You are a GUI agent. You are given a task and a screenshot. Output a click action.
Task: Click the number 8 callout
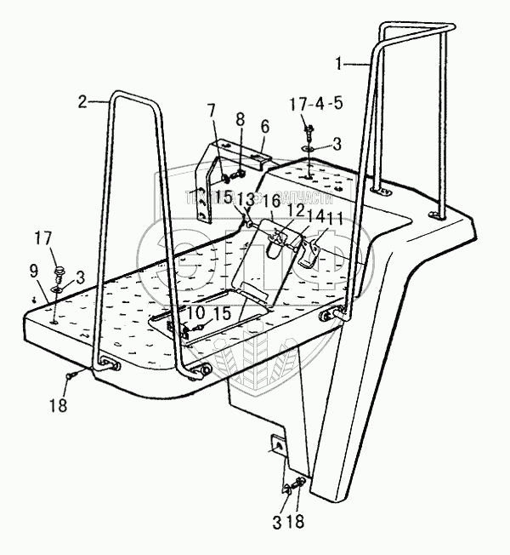[x=241, y=119]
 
